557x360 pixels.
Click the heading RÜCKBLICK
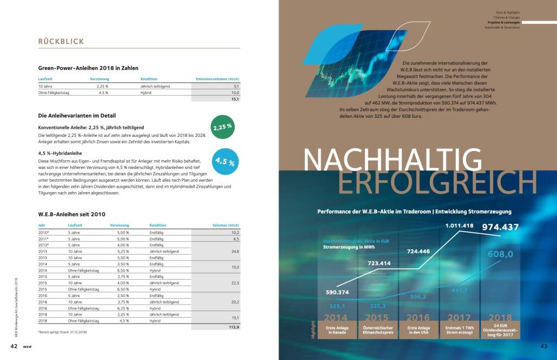[60, 41]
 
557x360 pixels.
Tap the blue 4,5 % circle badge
[225, 161]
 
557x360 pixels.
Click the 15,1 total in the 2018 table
[235, 99]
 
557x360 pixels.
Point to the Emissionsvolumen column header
[217, 79]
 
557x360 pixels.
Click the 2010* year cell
[44, 232]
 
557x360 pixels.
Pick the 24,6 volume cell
[235, 251]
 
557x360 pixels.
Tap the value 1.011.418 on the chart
[460, 225]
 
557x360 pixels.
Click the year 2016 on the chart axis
[417, 318]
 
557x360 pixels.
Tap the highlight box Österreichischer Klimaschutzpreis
[376, 331]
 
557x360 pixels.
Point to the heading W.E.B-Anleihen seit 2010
[72, 214]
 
